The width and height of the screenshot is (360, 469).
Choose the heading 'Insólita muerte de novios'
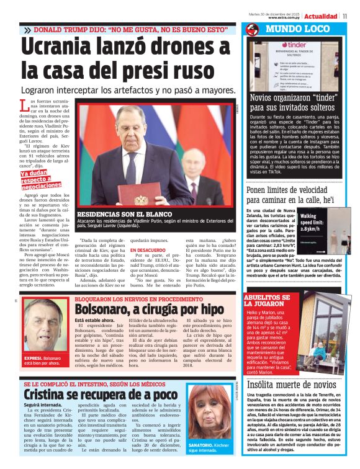(x=292, y=385)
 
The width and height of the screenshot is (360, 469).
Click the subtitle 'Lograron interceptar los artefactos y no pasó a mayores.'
(x=119, y=91)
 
